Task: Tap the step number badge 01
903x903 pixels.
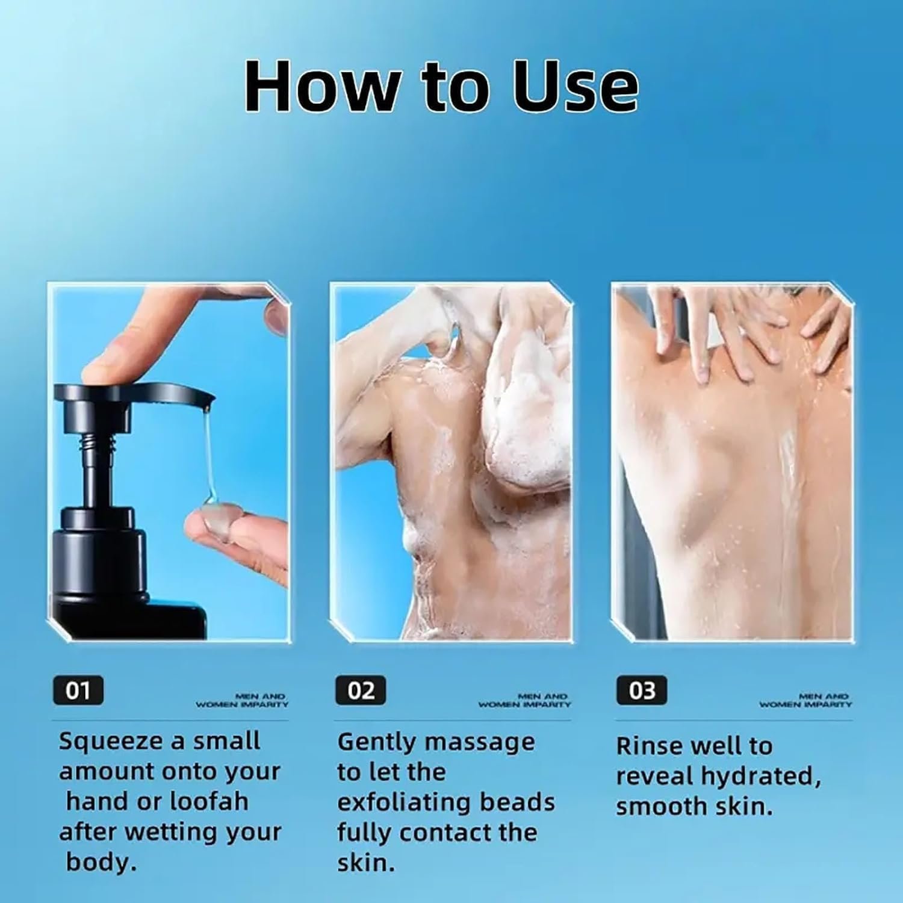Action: (x=78, y=690)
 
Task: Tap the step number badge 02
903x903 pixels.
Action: (x=361, y=690)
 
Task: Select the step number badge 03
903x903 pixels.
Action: (x=642, y=690)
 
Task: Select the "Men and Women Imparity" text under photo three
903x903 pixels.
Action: (x=805, y=700)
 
